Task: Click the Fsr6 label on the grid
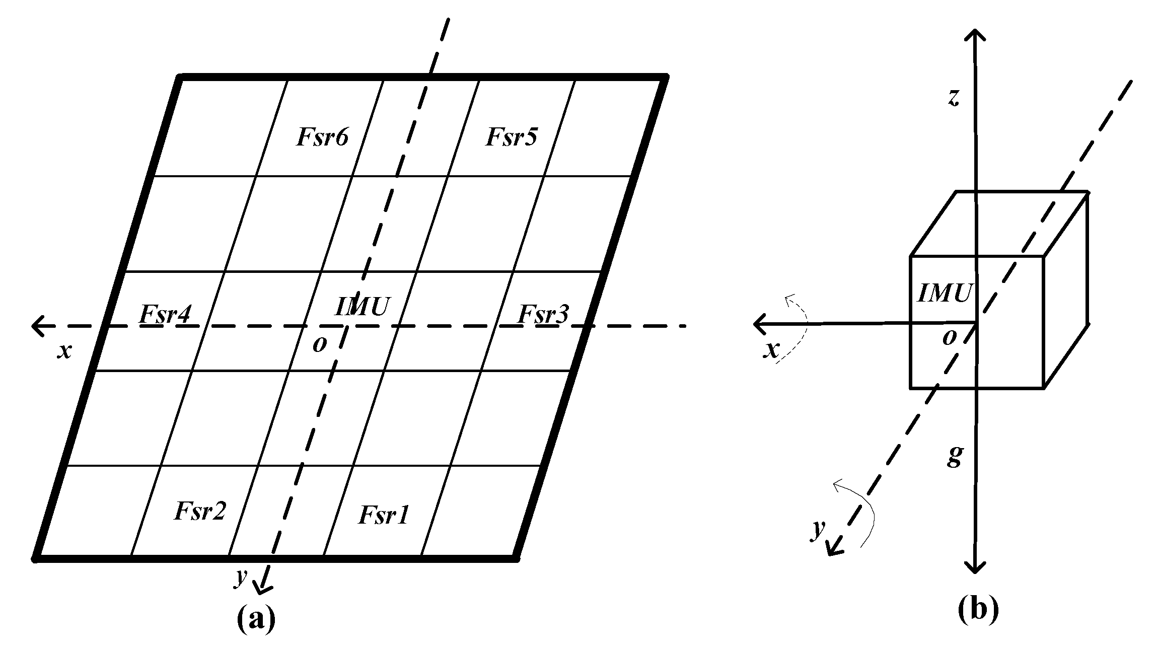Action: click(x=322, y=137)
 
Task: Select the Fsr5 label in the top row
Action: click(x=512, y=137)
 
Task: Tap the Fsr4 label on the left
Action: click(x=165, y=315)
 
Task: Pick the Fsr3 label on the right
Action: click(x=543, y=315)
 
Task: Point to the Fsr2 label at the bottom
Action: click(x=200, y=512)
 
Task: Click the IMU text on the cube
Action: click(x=944, y=293)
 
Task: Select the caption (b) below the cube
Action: click(x=977, y=610)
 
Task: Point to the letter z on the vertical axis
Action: click(x=953, y=99)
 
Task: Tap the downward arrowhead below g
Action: click(x=975, y=567)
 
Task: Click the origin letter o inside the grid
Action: click(x=320, y=344)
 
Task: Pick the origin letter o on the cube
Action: click(x=949, y=337)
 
